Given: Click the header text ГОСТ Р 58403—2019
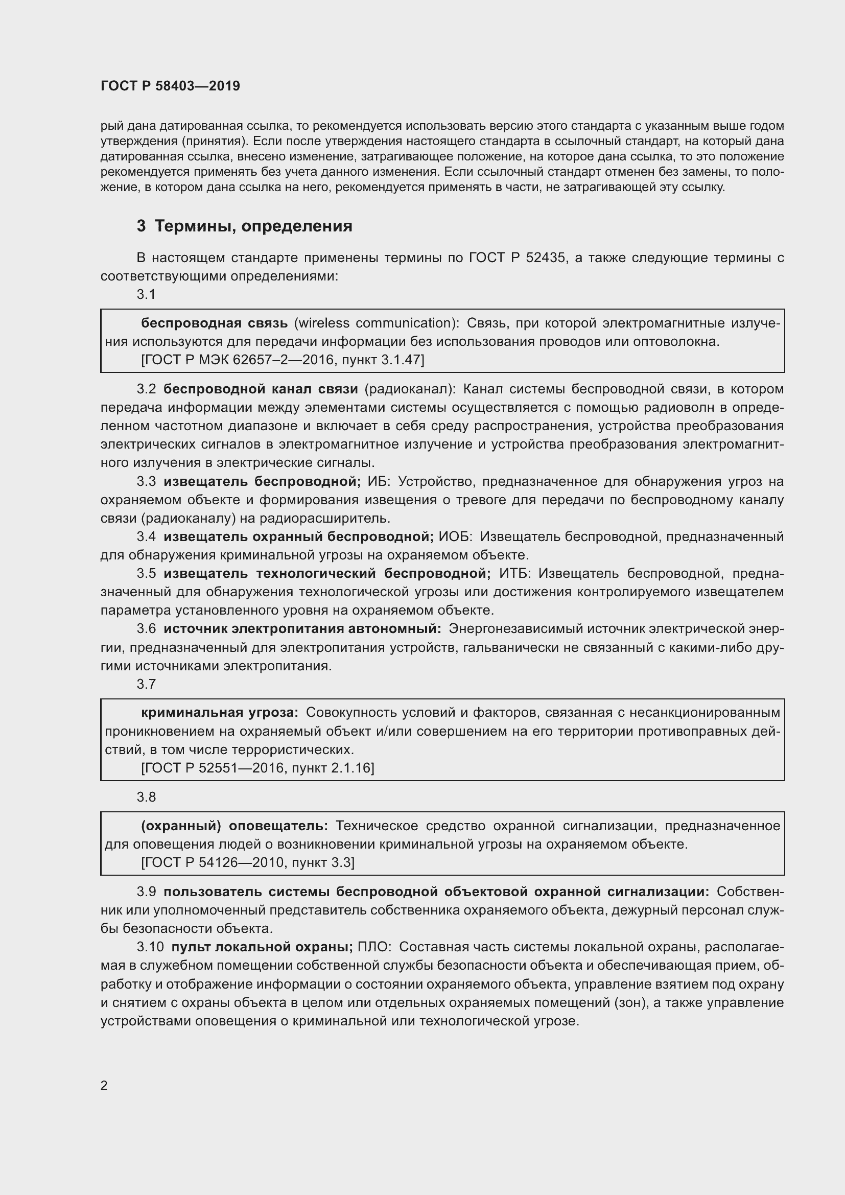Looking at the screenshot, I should pos(170,86).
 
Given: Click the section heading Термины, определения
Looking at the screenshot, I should pos(253,226).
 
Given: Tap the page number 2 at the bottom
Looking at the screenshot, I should pos(104,1085).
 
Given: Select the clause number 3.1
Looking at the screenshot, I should pos(146,294).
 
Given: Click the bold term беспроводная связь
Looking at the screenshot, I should pos(214,323).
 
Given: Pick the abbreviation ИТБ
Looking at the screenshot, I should pos(514,573).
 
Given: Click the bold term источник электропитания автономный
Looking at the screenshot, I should pos(302,628).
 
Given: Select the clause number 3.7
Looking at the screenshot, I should pos(146,684).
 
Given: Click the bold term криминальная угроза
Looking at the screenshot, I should pos(220,713).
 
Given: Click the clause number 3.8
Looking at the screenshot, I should pos(146,797).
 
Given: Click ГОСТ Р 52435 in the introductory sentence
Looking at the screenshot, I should pos(517,257).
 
